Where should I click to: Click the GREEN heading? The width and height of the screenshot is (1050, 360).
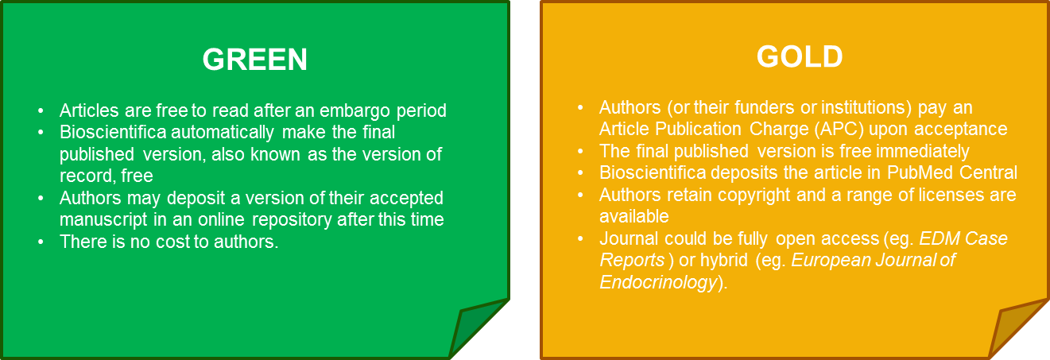[254, 60]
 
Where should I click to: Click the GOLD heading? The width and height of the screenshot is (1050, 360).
[800, 56]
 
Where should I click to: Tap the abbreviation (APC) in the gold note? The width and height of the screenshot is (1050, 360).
[839, 130]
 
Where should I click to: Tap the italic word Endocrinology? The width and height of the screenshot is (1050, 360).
[659, 283]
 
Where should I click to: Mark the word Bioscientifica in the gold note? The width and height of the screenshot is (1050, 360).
[653, 173]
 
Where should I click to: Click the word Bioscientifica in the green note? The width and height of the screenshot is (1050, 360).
[113, 132]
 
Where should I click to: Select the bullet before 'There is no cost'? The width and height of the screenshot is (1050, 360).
[41, 242]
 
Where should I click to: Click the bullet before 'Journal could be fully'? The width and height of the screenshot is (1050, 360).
[580, 239]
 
